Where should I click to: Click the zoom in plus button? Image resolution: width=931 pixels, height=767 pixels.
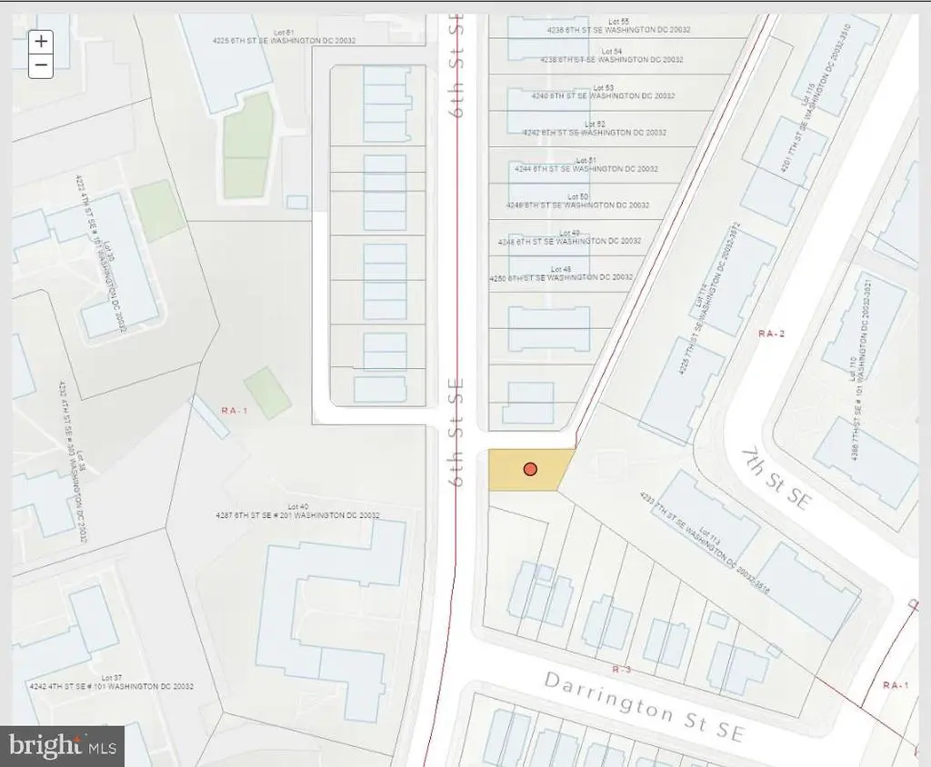[x=41, y=41]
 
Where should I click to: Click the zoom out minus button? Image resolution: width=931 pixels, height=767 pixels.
[x=41, y=65]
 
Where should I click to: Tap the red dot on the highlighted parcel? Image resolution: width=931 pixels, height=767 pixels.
[x=530, y=469]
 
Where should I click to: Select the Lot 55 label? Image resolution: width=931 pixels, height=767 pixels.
[x=618, y=21]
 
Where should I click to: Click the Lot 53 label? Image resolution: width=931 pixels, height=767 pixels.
[x=603, y=88]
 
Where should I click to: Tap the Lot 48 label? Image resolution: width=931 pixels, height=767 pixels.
[x=561, y=269]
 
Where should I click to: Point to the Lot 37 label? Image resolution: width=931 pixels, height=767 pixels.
[x=113, y=678]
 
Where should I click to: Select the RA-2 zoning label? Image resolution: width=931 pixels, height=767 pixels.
[x=770, y=334]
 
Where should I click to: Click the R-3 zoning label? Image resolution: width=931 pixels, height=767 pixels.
[x=622, y=669]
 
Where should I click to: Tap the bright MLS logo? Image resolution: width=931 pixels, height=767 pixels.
[x=62, y=746]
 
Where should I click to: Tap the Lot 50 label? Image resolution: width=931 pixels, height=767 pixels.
[x=578, y=196]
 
